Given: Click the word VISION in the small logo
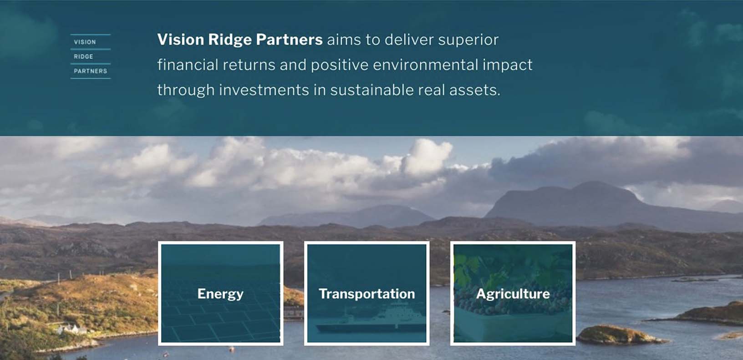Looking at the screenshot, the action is pyautogui.click(x=85, y=42).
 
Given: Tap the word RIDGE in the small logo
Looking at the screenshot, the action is pyautogui.click(x=84, y=57).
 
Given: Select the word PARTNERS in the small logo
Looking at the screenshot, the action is pyautogui.click(x=91, y=71).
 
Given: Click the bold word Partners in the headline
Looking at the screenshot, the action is pyautogui.click(x=289, y=40).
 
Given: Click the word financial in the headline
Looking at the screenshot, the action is pyautogui.click(x=188, y=65).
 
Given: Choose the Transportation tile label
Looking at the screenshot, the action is pyautogui.click(x=367, y=294).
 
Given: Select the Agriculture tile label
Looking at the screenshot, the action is pyautogui.click(x=513, y=294).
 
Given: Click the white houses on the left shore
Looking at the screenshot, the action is pyautogui.click(x=71, y=329).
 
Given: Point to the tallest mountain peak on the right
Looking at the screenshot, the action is pyautogui.click(x=594, y=183).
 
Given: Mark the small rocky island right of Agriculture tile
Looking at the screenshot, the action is pyautogui.click(x=619, y=335).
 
